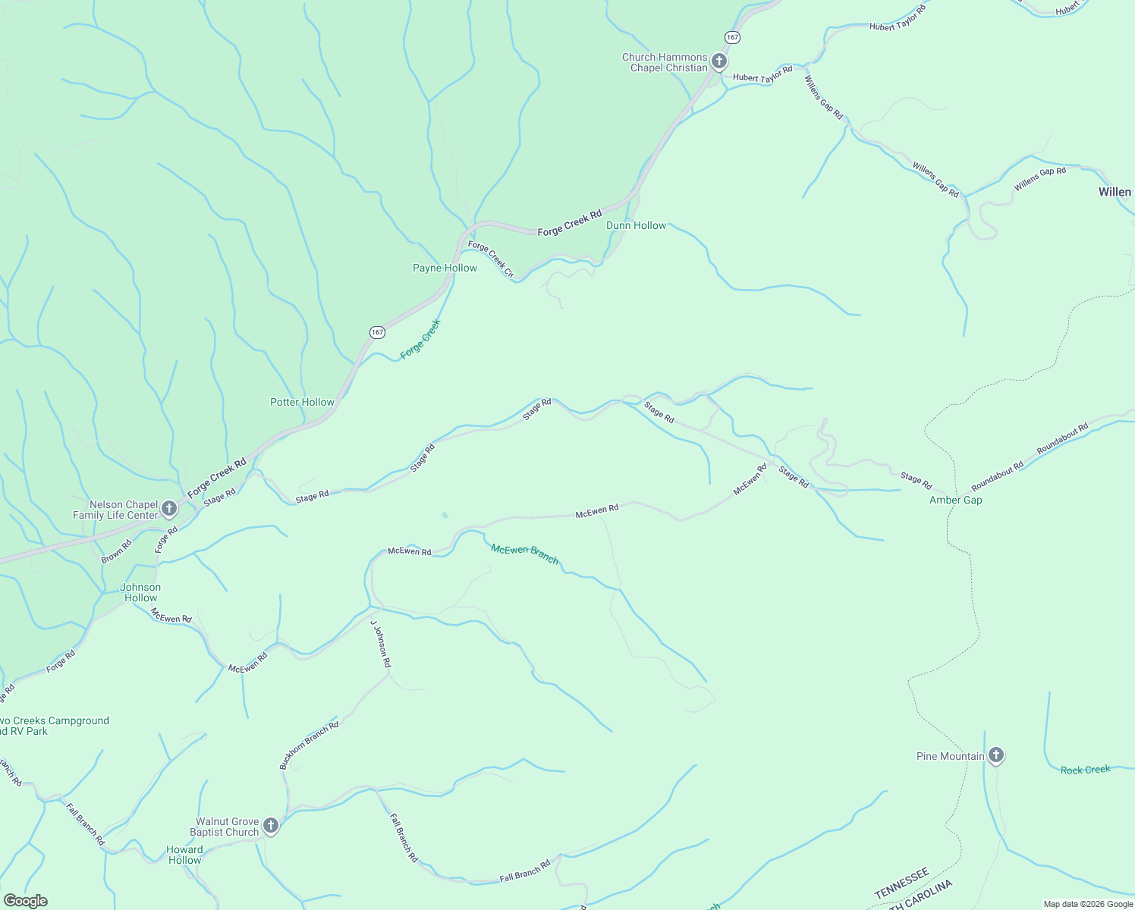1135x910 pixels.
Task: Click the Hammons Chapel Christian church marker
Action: [x=718, y=61]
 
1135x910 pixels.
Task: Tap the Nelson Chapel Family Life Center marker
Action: [x=169, y=508]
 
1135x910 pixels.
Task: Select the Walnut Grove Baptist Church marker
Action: [x=271, y=825]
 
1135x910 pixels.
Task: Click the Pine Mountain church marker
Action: [x=996, y=755]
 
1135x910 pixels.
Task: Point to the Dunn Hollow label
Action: [x=636, y=225]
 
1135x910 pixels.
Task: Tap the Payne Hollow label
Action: [x=445, y=268]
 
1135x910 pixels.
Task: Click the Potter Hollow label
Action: [x=302, y=402]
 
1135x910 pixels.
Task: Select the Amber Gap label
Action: [x=955, y=500]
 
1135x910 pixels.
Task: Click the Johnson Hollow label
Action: [x=140, y=592]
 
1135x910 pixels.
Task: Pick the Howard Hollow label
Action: [x=184, y=855]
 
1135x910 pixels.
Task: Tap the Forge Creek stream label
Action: [x=420, y=338]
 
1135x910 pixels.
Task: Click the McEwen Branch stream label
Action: [x=524, y=554]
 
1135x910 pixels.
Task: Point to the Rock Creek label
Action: [x=1085, y=770]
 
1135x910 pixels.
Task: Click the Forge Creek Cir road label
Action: [x=491, y=258]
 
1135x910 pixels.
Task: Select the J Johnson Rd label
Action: [x=381, y=643]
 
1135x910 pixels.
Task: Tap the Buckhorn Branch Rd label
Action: [x=309, y=745]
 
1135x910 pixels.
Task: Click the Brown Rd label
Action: [x=116, y=551]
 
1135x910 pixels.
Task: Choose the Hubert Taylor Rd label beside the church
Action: [x=762, y=74]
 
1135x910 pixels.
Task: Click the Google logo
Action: [x=25, y=901]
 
